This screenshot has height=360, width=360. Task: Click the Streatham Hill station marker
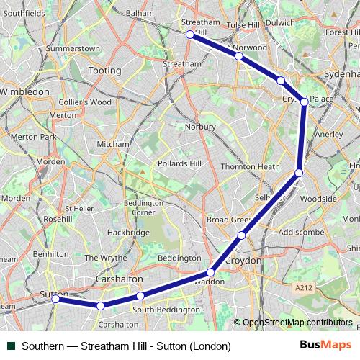coord(189,34)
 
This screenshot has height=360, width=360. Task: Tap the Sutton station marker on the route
coord(55,299)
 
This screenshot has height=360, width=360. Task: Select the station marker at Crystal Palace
coord(305,102)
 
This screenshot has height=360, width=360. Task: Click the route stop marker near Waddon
coord(210,272)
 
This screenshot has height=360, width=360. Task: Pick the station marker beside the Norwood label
coord(238,55)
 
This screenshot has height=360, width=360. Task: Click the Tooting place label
coord(104,71)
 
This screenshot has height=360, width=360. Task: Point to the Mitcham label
coord(112,144)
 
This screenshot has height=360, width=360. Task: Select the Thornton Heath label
coord(250,166)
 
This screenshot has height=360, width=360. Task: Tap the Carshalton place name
coord(120,279)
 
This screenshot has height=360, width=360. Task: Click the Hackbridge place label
coord(127,233)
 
